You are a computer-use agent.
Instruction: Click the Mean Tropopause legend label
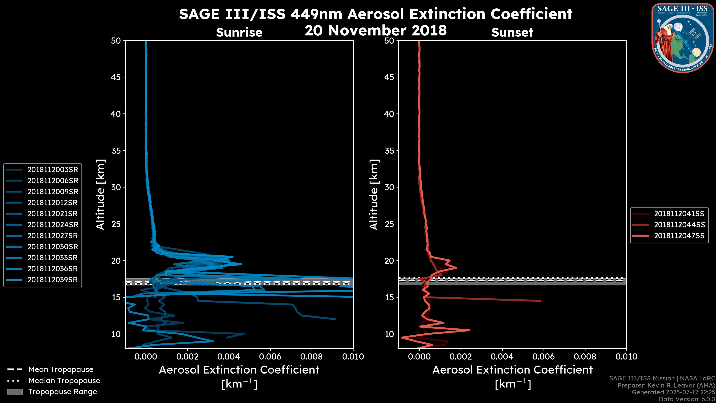tap(61, 370)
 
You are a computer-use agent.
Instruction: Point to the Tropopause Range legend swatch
tap(15, 392)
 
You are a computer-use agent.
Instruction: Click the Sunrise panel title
tap(239, 32)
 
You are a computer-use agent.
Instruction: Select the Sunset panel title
tap(512, 32)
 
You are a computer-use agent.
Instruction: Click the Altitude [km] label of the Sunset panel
tap(374, 195)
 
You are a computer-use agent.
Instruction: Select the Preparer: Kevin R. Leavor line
tap(666, 385)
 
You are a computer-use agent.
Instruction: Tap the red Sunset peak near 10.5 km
tap(470, 330)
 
